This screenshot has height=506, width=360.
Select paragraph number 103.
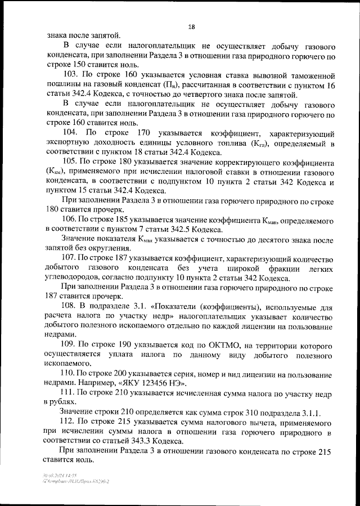coord(71,74)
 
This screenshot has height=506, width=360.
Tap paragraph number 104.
coord(71,132)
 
